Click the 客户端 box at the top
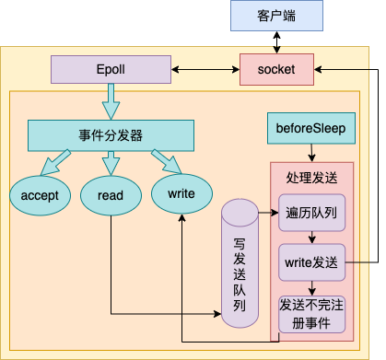pos(277,16)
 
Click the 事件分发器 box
pos(111,135)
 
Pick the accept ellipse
pos(40,194)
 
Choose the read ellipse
pos(110,194)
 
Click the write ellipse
pos(181,193)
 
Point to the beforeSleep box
pos(310,128)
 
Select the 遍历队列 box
pos(311,212)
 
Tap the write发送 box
pos(311,262)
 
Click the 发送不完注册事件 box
pos(311,313)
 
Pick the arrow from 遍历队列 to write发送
pos(311,237)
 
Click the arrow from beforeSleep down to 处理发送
pos(310,152)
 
